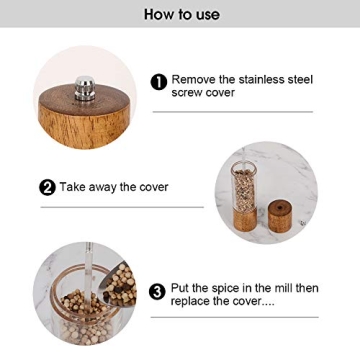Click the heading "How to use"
(180, 14)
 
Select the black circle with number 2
(47, 187)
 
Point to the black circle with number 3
(157, 292)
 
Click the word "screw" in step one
(187, 92)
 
